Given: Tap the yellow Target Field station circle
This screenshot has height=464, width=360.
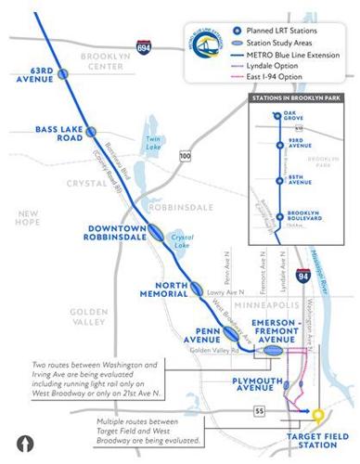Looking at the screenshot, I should click(318, 416).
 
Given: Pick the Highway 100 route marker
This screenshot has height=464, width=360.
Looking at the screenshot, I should click(186, 158).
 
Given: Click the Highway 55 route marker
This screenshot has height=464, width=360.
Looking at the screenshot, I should click(236, 408).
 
